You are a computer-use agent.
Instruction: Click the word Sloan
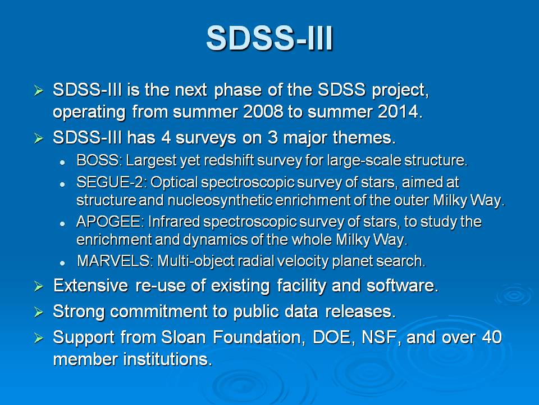coord(183,337)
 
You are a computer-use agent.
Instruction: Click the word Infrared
coord(173,222)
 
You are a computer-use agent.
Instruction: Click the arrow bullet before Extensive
coord(39,286)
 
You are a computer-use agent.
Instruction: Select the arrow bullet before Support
coord(39,338)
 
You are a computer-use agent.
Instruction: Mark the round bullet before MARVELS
coord(62,263)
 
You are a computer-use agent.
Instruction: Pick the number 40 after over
coord(492,337)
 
